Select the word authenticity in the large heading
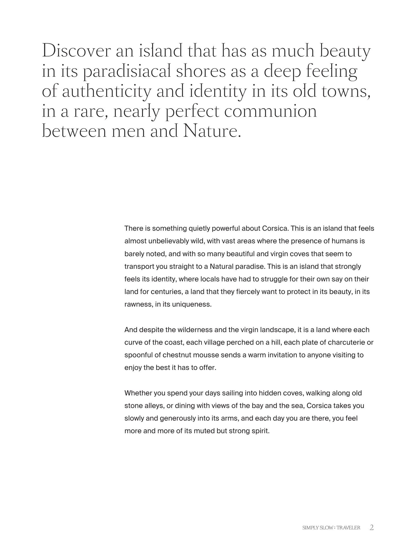point(106,91)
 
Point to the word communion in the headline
point(270,111)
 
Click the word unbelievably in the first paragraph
point(167,241)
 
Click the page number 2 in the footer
point(372,527)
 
